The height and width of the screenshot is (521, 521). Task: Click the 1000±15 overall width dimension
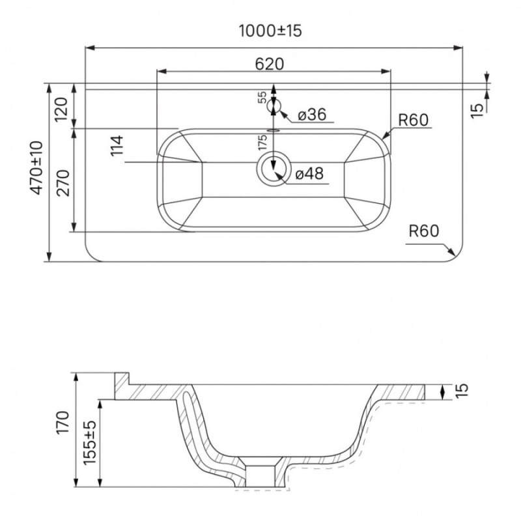coord(270,31)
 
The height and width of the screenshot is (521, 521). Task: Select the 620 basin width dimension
coord(270,64)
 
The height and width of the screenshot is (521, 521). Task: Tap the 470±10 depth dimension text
coord(36,167)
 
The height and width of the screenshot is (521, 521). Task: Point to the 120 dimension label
coord(61,109)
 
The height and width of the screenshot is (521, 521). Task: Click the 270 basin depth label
coord(63,183)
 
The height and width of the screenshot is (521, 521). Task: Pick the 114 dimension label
coord(117,146)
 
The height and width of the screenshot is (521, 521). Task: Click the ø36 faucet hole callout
coord(312,115)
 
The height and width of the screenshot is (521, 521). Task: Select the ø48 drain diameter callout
coord(309,173)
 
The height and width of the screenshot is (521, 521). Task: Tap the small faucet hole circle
coord(274,106)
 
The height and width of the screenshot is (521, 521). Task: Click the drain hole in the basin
coord(274,169)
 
